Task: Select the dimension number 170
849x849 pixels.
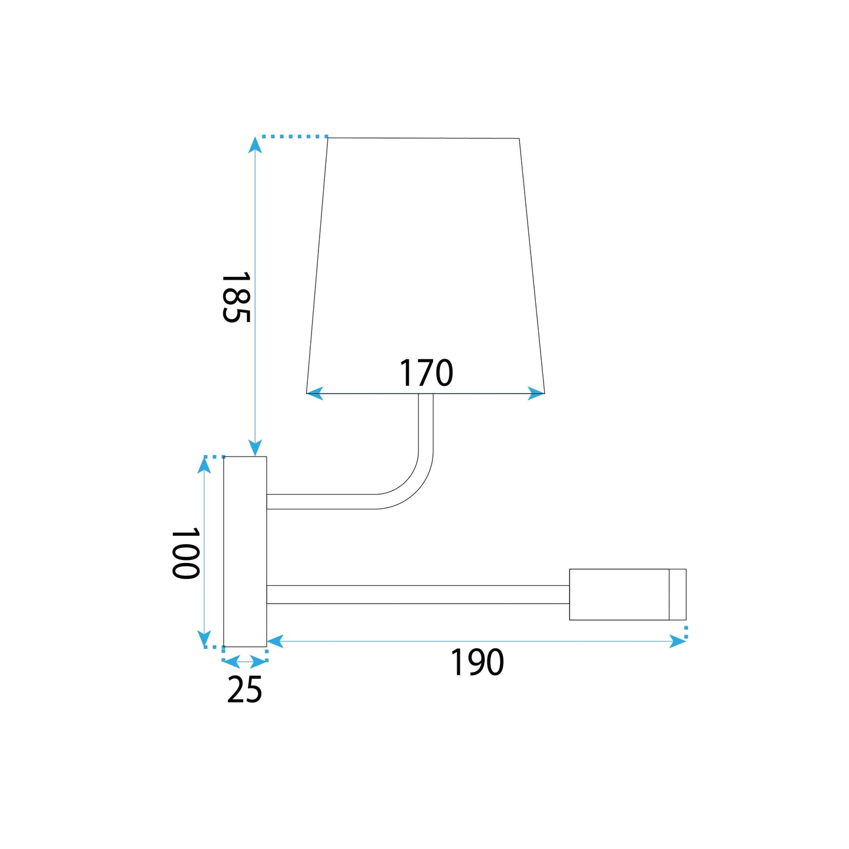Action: pyautogui.click(x=426, y=373)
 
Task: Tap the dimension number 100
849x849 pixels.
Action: pyautogui.click(x=186, y=553)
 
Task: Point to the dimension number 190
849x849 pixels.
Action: pyautogui.click(x=477, y=663)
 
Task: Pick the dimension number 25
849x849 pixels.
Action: pyautogui.click(x=244, y=690)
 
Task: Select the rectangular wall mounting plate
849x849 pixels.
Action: pyautogui.click(x=245, y=551)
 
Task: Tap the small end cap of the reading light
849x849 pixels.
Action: pyautogui.click(x=677, y=594)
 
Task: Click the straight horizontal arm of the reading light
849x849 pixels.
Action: pyautogui.click(x=417, y=594)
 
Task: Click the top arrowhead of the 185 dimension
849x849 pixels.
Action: pyautogui.click(x=254, y=145)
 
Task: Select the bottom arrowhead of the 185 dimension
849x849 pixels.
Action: pyautogui.click(x=254, y=449)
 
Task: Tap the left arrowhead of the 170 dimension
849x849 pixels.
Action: pyautogui.click(x=315, y=393)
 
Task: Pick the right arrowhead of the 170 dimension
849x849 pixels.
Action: pyautogui.click(x=536, y=393)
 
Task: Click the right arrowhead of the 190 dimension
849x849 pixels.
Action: pyautogui.click(x=678, y=641)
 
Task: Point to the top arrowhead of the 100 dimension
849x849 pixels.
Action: pyautogui.click(x=204, y=464)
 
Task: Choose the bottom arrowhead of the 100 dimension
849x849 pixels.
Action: pyautogui.click(x=204, y=639)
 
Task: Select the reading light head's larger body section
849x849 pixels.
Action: pyautogui.click(x=619, y=594)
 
